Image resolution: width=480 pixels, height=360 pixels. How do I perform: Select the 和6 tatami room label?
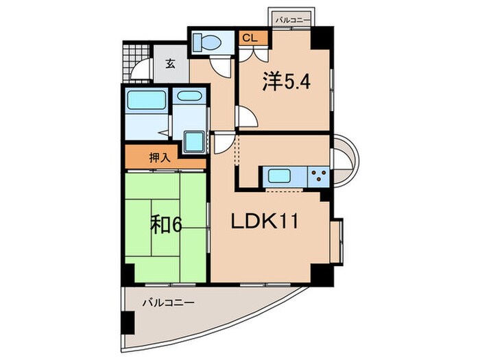(166, 224)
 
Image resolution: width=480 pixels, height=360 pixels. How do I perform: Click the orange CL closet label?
(247, 38)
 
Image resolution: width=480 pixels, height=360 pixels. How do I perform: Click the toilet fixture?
(206, 43)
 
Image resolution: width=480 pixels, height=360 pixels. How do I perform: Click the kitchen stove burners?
(318, 176)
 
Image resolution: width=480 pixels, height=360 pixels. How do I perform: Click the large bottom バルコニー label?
(169, 302)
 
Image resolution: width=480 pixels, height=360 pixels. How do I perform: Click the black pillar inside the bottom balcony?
(128, 323)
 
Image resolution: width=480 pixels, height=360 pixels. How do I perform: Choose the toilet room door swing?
(221, 66)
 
